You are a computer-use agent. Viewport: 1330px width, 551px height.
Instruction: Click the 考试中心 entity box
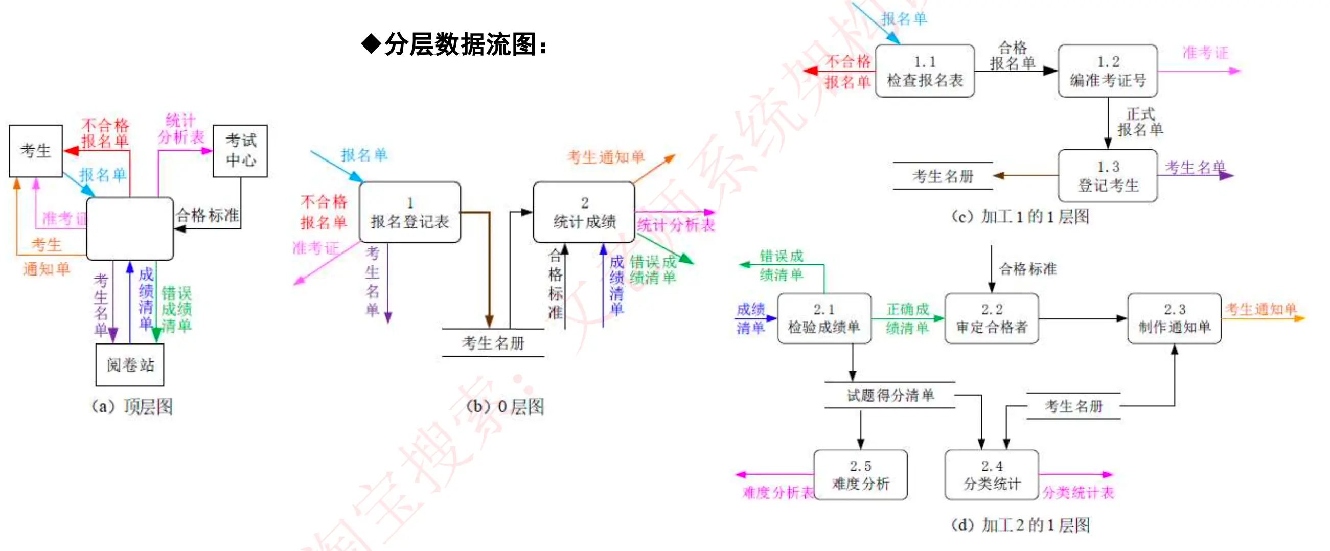pyautogui.click(x=240, y=151)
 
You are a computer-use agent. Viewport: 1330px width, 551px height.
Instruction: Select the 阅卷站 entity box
pyautogui.click(x=130, y=364)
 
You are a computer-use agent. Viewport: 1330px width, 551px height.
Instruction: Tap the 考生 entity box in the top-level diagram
pyautogui.click(x=36, y=151)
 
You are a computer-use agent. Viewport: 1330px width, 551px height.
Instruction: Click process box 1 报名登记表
pyautogui.click(x=409, y=212)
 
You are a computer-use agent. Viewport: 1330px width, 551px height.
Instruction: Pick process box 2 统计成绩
pyautogui.click(x=584, y=212)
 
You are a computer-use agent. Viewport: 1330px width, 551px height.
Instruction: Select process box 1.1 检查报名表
pyautogui.click(x=925, y=71)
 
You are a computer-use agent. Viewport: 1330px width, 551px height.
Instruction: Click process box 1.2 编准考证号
pyautogui.click(x=1108, y=71)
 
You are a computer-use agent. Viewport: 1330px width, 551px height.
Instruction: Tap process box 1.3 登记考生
pyautogui.click(x=1108, y=176)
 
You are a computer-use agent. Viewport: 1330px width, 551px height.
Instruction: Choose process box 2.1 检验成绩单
pyautogui.click(x=824, y=318)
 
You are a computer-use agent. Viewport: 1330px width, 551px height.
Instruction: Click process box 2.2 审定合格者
pyautogui.click(x=991, y=318)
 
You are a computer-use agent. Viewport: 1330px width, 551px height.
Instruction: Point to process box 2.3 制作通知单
pyautogui.click(x=1174, y=318)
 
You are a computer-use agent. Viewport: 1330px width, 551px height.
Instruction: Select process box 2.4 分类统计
pyautogui.click(x=991, y=474)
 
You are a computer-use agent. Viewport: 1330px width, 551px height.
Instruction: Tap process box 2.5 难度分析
pyautogui.click(x=860, y=474)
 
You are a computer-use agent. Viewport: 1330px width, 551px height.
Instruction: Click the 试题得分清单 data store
pyautogui.click(x=890, y=395)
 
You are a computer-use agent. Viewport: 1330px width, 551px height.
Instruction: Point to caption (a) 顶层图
pyautogui.click(x=132, y=406)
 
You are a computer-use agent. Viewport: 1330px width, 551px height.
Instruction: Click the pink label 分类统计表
pyautogui.click(x=1077, y=492)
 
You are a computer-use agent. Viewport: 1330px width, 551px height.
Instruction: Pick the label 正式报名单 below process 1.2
pyautogui.click(x=1140, y=122)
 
